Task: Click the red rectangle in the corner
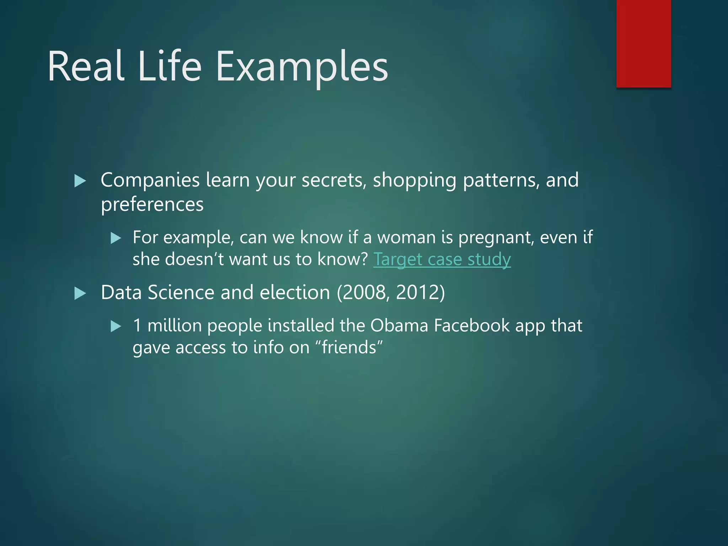point(643,43)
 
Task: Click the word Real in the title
point(86,66)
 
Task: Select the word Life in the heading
point(170,66)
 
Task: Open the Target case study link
point(442,259)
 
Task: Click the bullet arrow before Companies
point(80,181)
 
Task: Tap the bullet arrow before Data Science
point(80,294)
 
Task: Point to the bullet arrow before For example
point(116,238)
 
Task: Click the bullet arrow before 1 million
point(116,326)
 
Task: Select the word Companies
point(150,180)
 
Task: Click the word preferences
point(152,205)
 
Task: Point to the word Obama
point(399,326)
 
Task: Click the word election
point(295,293)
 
